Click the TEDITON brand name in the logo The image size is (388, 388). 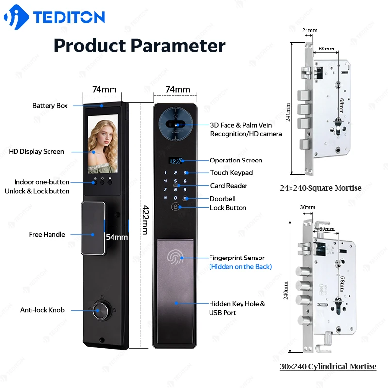coord(69,17)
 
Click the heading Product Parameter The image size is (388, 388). coord(139,46)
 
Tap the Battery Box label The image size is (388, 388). coord(50,106)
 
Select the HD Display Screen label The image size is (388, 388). coord(36,152)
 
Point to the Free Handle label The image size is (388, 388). coord(47,235)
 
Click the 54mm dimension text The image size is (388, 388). coord(116,237)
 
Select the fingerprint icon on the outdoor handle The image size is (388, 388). coord(175,257)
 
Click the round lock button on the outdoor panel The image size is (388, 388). coord(175,207)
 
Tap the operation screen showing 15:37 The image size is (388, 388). coord(175,161)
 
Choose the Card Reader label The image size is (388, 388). coord(228,186)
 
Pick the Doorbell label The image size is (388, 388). coord(223,199)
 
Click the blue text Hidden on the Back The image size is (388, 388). coord(240,267)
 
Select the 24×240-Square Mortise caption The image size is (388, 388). coord(320,188)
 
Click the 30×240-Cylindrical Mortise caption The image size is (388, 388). coord(327,367)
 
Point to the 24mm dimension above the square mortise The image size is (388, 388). coord(309,30)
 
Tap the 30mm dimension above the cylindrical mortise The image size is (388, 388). coord(308,207)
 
